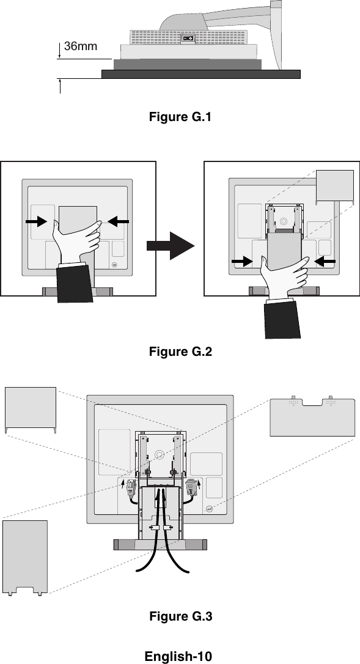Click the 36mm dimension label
click(81, 46)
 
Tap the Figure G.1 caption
click(180, 117)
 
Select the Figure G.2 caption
click(180, 352)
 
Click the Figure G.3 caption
click(180, 616)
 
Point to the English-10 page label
click(178, 656)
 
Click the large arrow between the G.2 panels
click(171, 246)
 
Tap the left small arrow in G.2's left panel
click(37, 221)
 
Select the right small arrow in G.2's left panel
click(118, 221)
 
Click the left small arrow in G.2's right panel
click(242, 262)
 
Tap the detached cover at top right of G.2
click(335, 185)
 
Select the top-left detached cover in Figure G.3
click(30, 409)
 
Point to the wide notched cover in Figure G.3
click(312, 417)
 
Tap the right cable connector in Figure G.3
click(191, 487)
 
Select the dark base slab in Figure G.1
click(201, 75)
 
